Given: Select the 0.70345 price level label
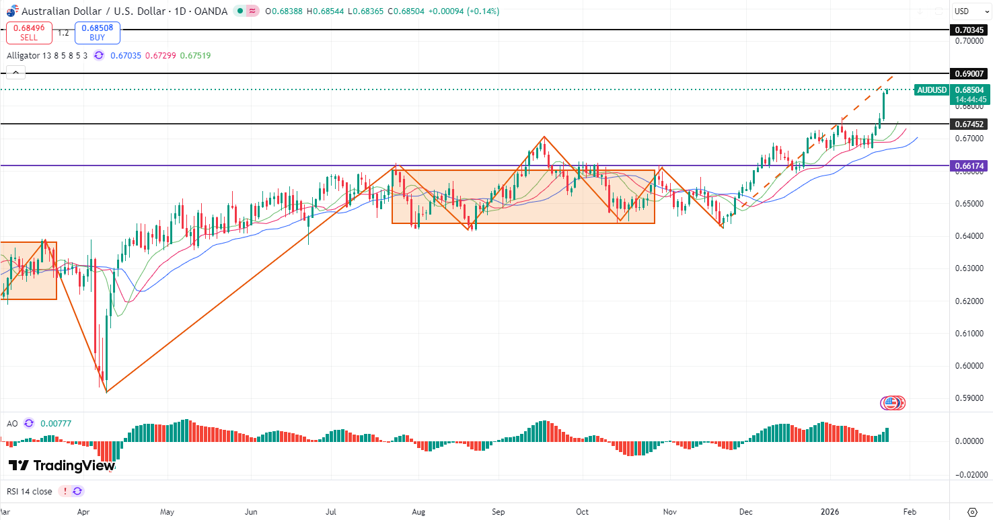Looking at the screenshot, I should coord(969,30).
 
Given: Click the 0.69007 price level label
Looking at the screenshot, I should coord(969,73).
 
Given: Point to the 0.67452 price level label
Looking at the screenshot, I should coord(969,124).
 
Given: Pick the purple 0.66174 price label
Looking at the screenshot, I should coord(969,165).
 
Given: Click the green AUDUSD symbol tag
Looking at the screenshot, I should coord(932,90).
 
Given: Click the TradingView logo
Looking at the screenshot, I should coord(61,466).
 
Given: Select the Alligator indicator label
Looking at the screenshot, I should coord(47,55).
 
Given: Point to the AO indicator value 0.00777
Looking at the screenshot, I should coord(55,423).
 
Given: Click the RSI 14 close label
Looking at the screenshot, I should coord(29,491).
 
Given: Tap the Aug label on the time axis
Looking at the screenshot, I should coord(418,511).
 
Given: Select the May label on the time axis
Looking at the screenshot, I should coord(168,511).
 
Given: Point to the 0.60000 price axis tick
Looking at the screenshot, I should coord(969,366).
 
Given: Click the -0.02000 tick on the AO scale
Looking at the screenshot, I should coord(969,474).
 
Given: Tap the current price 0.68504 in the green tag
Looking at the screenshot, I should coord(969,90).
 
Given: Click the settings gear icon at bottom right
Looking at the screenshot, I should coord(972,511).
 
